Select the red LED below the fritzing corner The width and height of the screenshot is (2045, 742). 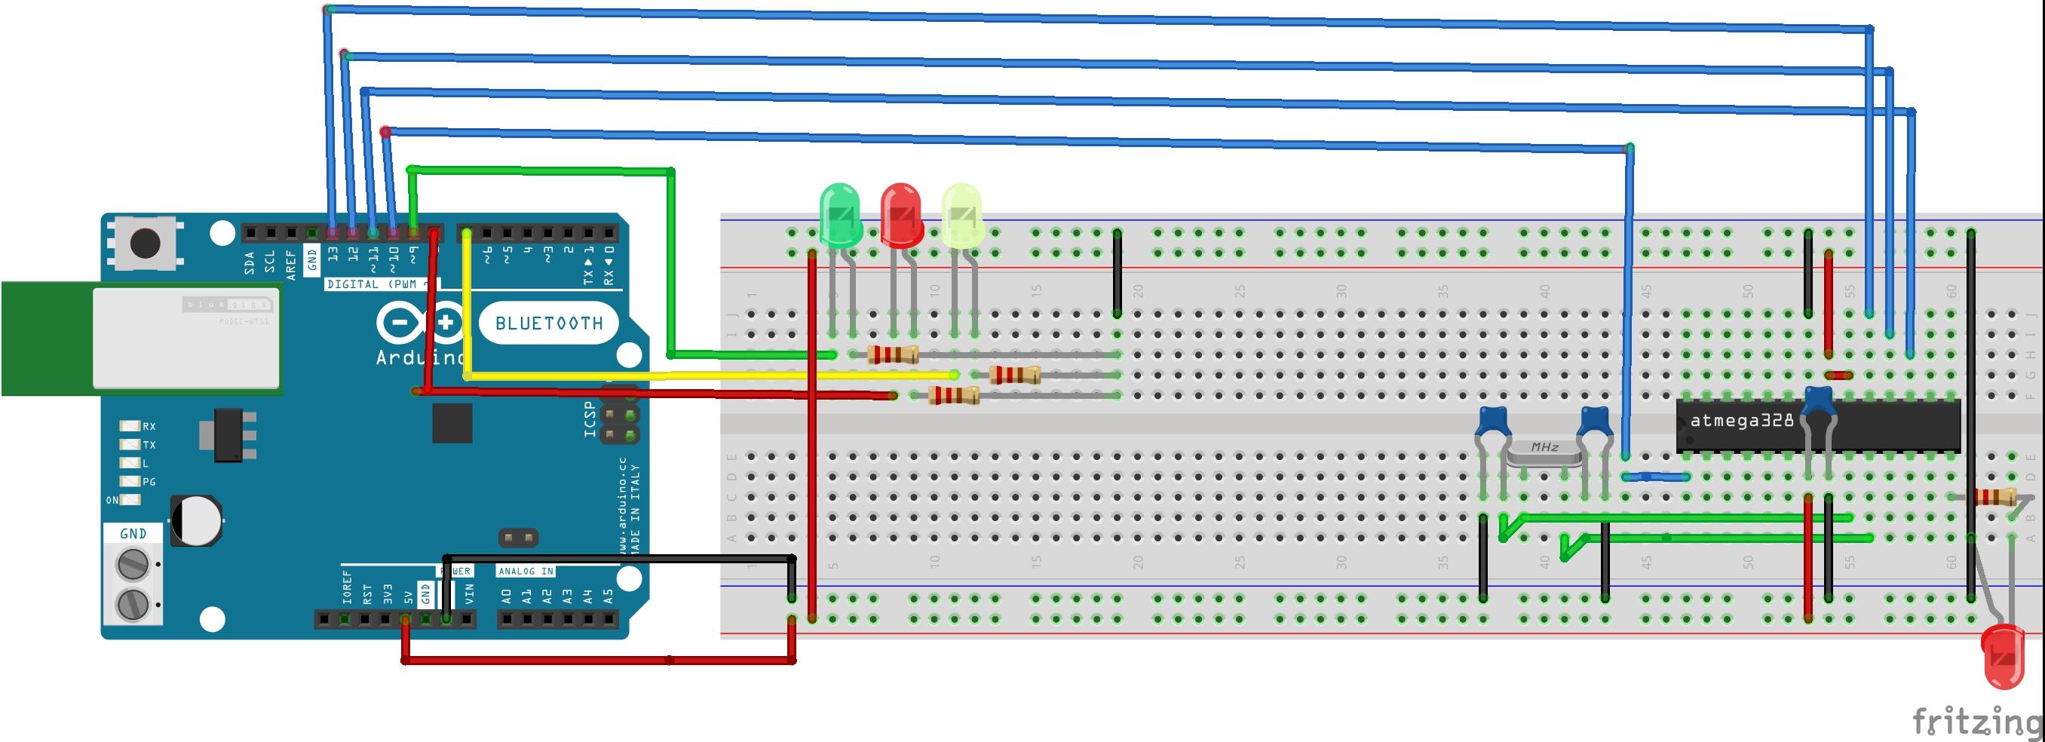coord(2003,655)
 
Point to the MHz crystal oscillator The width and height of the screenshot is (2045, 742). coord(1544,452)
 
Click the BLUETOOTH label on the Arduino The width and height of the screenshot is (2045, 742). coord(548,323)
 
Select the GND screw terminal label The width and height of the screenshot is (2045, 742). coord(133,533)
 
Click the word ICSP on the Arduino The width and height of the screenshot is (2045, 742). coord(590,419)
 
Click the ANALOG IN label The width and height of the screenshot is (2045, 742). coord(526,571)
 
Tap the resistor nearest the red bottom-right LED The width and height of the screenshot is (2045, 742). coord(1994,498)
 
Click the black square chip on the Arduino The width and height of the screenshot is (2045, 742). coord(452,423)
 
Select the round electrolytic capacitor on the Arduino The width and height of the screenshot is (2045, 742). coord(195,520)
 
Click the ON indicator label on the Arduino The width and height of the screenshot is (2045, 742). coord(112,500)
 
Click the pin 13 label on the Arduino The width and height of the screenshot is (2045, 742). coord(333,254)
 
